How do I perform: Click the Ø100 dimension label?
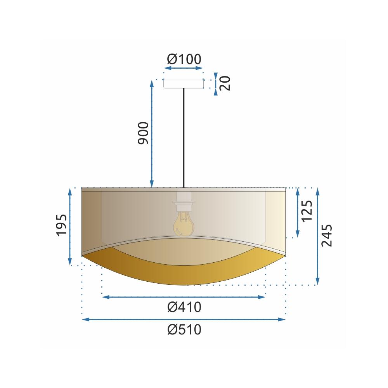tap(184, 59)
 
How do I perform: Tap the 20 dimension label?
tap(225, 83)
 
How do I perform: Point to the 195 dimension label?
tap(62, 225)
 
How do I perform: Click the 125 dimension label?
tap(307, 211)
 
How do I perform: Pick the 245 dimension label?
tap(327, 235)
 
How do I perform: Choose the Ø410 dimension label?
tap(184, 308)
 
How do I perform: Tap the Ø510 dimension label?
tap(184, 330)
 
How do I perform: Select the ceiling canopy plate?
tap(184, 84)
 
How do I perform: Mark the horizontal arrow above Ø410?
tap(184, 297)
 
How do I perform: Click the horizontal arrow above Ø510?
tap(184, 320)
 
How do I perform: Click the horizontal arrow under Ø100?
tap(184, 68)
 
